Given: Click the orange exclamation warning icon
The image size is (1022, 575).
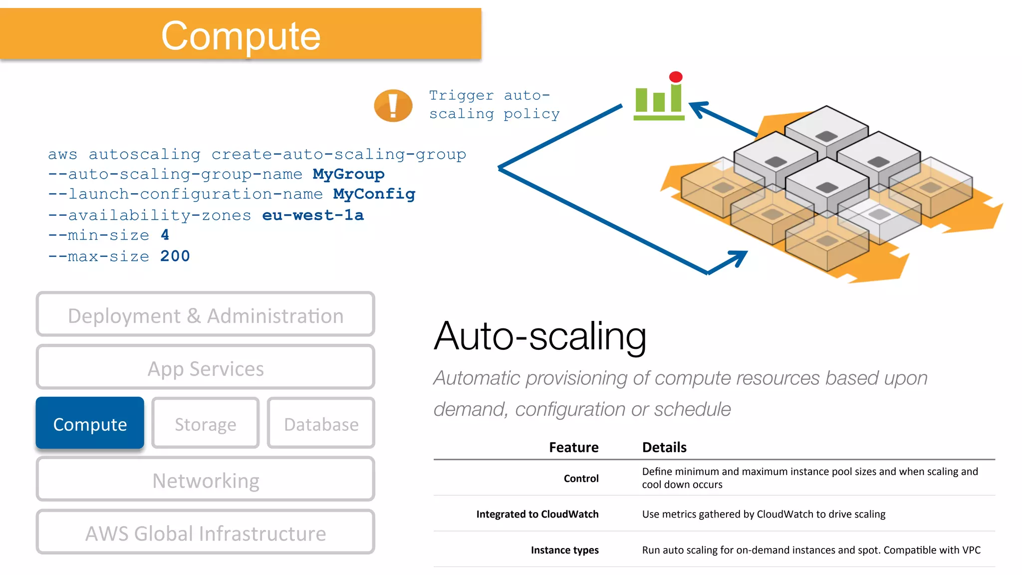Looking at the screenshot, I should [x=393, y=105].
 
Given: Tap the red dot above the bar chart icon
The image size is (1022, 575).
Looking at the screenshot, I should [x=676, y=77].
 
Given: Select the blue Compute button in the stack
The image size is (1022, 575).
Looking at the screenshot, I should [x=90, y=424].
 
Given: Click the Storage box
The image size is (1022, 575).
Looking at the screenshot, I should [x=205, y=424].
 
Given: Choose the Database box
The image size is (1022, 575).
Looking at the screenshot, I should [x=321, y=424].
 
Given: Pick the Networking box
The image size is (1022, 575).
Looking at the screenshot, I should [x=205, y=480].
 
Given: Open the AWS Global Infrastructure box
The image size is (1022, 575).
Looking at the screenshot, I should [x=205, y=533].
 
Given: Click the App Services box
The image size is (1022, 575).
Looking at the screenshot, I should [x=205, y=368].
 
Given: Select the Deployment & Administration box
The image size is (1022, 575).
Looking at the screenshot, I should [x=205, y=315].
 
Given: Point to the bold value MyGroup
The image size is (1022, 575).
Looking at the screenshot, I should [x=348, y=174].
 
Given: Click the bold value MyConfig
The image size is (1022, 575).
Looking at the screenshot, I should [x=374, y=194].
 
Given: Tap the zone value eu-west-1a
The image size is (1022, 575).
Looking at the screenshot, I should [x=313, y=215].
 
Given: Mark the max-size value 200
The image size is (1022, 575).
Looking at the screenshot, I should [x=175, y=256].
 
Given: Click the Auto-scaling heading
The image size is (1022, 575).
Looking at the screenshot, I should [x=540, y=336].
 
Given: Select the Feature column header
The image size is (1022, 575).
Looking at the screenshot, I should [x=573, y=447].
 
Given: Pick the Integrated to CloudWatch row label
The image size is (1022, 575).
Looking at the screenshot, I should [x=537, y=514].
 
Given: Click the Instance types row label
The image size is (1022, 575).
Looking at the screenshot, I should [x=564, y=550].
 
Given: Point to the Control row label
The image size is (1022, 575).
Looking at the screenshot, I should [x=581, y=478].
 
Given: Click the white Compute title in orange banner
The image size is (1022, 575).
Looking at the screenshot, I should [x=241, y=36].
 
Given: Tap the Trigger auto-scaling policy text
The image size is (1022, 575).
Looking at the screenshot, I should [x=494, y=105].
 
